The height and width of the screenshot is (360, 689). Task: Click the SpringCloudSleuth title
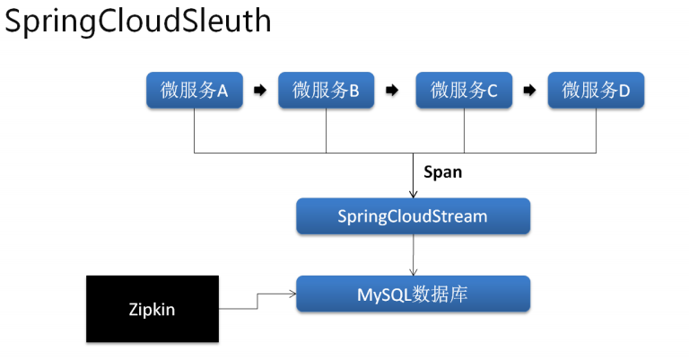click(137, 22)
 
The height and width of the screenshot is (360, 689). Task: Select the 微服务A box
click(194, 90)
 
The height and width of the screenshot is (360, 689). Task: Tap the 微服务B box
click(326, 90)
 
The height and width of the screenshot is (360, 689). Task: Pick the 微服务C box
click(464, 90)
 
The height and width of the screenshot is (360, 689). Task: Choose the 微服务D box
click(596, 90)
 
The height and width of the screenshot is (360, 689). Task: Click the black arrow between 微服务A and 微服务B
click(260, 90)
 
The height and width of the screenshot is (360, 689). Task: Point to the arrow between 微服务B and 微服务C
click(392, 90)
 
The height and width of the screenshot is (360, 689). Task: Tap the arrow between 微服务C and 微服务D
click(530, 90)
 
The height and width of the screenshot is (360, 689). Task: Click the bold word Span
click(442, 172)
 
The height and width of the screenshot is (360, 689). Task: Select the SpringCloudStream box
click(413, 215)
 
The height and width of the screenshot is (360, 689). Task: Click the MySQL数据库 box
click(413, 294)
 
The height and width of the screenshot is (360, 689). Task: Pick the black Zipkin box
click(153, 309)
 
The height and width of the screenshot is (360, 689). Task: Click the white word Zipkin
click(152, 310)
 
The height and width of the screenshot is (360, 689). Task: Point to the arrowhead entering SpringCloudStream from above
click(413, 194)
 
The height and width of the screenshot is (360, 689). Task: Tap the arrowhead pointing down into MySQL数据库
click(413, 272)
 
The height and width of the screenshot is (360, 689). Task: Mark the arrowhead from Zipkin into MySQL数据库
click(292, 294)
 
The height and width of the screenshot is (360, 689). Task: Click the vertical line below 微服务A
click(194, 130)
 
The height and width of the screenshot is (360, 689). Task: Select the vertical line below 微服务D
click(596, 130)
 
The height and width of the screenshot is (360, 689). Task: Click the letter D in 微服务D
click(624, 91)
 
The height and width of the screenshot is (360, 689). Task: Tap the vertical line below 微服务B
click(326, 130)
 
